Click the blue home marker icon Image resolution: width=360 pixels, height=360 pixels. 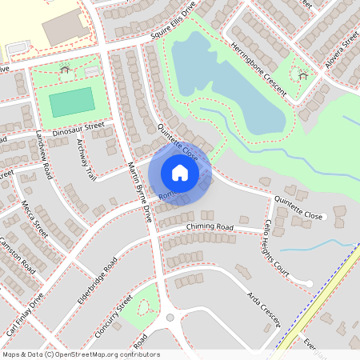point(180,172)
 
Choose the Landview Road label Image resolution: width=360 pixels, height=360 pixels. point(43,156)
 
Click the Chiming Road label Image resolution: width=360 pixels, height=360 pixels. point(209,227)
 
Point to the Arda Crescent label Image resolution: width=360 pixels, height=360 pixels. point(264,307)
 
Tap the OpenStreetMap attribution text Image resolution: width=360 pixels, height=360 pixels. point(81,354)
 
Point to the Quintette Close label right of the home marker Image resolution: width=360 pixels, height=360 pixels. point(297,215)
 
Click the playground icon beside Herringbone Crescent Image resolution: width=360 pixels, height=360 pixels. point(302,75)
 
